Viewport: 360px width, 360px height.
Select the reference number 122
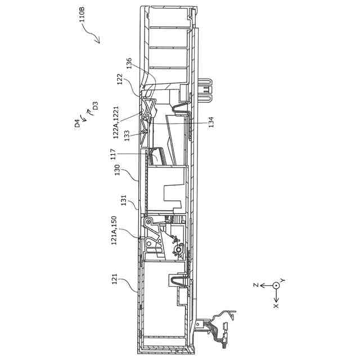[x=119, y=80]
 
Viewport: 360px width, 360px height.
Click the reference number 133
[x=127, y=135]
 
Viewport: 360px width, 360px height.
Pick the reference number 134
[x=211, y=122]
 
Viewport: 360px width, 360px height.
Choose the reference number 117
[x=113, y=154]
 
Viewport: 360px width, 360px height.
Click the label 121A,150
[x=114, y=230]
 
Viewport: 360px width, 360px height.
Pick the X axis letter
[x=276, y=306]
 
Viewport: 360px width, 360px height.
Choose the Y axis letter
[x=283, y=280]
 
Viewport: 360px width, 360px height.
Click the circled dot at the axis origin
[x=276, y=286]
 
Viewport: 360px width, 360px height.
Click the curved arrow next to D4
[x=83, y=116]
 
